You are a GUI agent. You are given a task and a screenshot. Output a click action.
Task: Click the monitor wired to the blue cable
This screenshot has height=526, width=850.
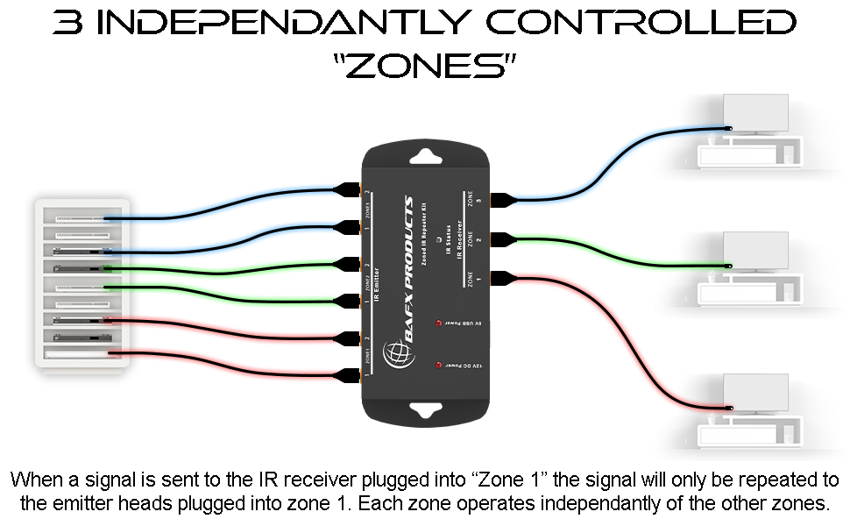click(755, 117)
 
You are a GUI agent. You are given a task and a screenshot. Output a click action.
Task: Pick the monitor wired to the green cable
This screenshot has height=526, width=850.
click(755, 253)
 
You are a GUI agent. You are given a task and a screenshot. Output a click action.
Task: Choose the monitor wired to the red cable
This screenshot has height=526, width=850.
click(755, 396)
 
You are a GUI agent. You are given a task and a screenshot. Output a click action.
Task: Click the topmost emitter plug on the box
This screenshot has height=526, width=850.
click(345, 188)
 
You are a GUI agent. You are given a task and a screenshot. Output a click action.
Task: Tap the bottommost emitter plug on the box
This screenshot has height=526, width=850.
click(345, 376)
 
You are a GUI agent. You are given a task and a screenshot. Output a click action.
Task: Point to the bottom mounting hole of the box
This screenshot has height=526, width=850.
click(425, 409)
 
